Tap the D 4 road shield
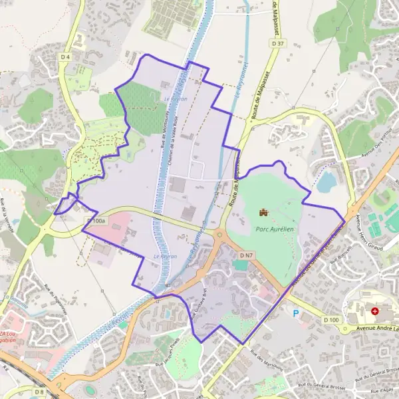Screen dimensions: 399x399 coord(65,57)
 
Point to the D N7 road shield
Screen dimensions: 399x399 coord(247,255)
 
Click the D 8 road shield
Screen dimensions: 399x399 coord(39,392)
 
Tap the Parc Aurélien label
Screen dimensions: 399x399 coord(274,228)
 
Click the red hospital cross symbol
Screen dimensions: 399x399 coord(376,311)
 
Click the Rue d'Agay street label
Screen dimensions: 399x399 coord(384,390)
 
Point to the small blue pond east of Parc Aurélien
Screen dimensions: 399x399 coord(327,182)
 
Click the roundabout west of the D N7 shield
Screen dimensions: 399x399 coord(219,233)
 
